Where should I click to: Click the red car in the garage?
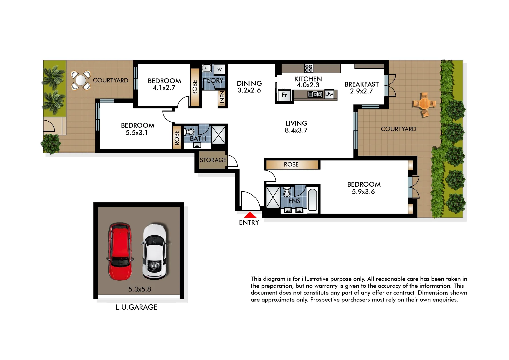click(120, 252)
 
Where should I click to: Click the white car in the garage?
click(154, 252)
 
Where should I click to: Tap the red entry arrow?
click(250, 215)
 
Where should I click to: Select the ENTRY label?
click(249, 223)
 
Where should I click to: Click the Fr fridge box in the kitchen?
click(284, 95)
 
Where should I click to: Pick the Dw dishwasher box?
click(329, 94)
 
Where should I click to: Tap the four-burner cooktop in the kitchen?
click(309, 68)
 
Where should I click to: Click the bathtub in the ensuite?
click(312, 200)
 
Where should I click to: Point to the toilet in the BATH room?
click(190, 132)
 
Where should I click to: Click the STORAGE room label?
click(213, 160)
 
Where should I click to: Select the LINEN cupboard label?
click(222, 98)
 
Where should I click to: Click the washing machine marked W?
click(219, 69)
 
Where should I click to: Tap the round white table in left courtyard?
click(81, 80)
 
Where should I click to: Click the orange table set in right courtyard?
click(424, 104)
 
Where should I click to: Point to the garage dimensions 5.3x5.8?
click(140, 289)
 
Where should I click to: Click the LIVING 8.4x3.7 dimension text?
click(296, 131)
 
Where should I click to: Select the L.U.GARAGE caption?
click(136, 307)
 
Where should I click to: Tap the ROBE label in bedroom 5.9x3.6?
click(291, 165)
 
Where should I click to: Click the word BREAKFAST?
click(362, 84)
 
